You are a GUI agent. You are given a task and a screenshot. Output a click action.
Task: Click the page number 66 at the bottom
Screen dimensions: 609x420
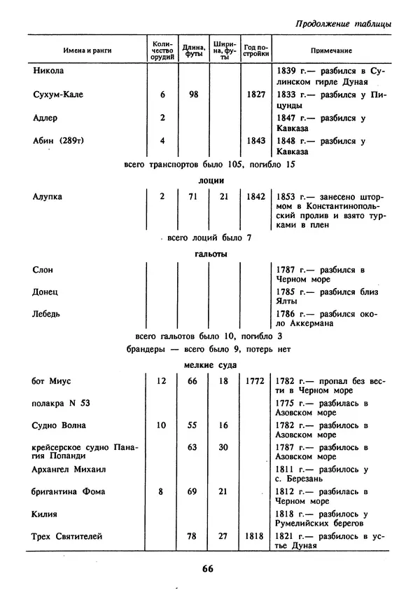point(207,568)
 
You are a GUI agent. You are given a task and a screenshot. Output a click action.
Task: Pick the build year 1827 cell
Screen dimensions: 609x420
point(255,95)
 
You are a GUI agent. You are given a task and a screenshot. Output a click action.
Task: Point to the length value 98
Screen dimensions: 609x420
point(194,95)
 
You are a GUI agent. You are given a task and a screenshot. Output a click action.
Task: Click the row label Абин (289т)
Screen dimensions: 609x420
point(59,140)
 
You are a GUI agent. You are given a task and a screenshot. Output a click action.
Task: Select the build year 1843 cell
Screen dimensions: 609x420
point(255,140)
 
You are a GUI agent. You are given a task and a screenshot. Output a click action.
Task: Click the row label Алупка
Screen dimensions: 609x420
point(48,197)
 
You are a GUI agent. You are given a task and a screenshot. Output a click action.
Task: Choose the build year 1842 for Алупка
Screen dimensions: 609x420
point(255,197)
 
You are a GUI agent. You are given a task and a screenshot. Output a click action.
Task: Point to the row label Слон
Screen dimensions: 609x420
point(43,270)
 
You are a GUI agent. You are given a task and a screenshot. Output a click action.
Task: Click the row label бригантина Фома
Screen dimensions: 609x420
point(69,492)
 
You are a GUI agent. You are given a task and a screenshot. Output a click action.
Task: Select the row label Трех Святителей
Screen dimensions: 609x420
point(68,537)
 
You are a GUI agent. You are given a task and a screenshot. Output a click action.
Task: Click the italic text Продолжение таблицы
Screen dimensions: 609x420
point(343,24)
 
